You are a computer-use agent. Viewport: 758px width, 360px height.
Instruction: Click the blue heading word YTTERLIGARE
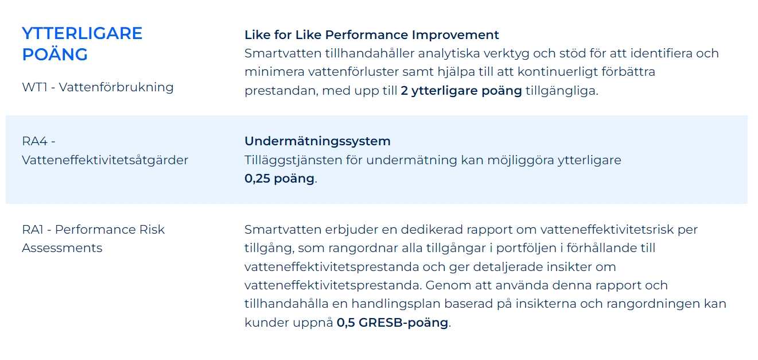point(82,33)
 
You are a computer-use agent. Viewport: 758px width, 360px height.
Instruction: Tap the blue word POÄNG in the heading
point(55,55)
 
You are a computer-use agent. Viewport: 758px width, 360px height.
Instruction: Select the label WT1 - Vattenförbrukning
point(98,87)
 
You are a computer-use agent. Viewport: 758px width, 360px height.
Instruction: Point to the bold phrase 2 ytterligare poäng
point(461,91)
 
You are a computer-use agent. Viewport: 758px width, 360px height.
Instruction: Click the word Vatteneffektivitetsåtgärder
point(105,160)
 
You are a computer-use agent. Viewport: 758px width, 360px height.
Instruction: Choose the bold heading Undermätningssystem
point(317,141)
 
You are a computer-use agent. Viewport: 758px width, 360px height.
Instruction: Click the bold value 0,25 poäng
point(279,179)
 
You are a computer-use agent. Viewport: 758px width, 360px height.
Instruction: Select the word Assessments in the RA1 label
point(62,248)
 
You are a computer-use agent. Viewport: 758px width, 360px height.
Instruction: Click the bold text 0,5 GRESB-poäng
point(392,323)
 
